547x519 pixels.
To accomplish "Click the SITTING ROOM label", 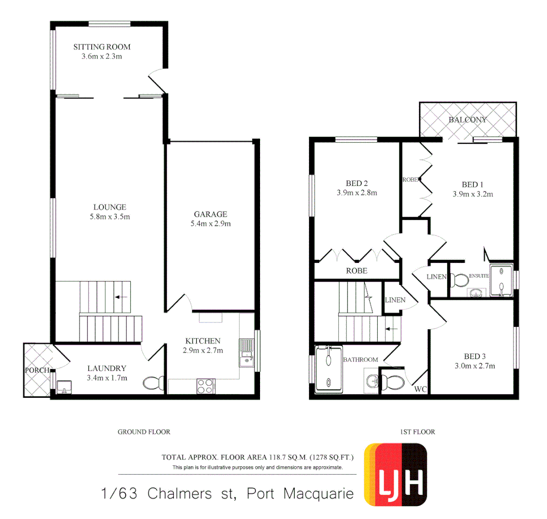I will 102,47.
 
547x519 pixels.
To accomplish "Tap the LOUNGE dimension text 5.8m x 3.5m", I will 110,217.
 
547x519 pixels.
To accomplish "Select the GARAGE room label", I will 210,214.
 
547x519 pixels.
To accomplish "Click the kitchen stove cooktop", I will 206,386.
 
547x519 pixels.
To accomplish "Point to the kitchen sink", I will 247,353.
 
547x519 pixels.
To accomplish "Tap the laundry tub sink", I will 63,386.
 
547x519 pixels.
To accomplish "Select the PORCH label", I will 37,371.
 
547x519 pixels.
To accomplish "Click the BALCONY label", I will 467,120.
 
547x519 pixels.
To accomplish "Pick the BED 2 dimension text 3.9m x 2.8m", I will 357,193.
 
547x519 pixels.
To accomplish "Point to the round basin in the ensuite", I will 476,293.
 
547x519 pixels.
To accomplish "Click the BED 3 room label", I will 474,356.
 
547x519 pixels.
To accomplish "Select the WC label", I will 421,390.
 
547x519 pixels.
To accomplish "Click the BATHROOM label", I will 360,359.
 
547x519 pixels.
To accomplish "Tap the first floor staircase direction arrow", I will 392,329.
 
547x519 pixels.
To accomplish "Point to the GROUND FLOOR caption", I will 144,432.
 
